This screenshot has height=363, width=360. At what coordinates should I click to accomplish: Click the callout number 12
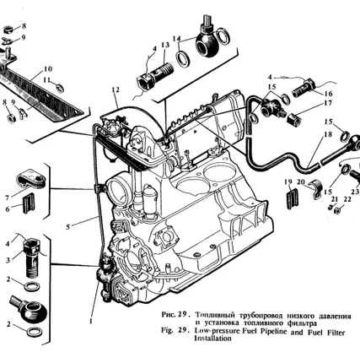click(x=116, y=89)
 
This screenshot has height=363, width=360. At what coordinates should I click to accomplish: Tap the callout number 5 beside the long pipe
click(x=67, y=226)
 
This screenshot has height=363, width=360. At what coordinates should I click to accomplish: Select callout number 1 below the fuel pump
click(x=90, y=321)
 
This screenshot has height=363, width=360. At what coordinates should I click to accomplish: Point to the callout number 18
click(x=328, y=134)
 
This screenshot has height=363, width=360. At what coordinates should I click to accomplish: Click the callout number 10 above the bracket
click(x=48, y=69)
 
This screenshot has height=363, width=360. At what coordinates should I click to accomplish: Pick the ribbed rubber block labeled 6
click(x=29, y=203)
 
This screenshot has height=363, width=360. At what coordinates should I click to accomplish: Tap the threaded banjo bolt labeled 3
click(x=32, y=257)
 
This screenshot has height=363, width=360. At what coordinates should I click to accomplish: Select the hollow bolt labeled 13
click(x=155, y=75)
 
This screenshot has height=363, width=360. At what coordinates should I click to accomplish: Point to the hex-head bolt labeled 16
click(x=304, y=88)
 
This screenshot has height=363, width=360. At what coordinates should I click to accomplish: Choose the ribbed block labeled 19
click(x=293, y=198)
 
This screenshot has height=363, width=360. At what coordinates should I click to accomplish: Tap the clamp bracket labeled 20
click(x=314, y=189)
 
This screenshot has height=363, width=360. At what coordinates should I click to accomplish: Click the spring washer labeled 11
click(x=59, y=88)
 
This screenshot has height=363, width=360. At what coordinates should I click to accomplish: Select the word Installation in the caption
click(x=212, y=338)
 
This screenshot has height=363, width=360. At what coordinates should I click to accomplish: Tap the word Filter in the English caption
click(x=336, y=333)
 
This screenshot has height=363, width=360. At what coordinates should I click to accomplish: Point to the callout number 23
click(x=355, y=192)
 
